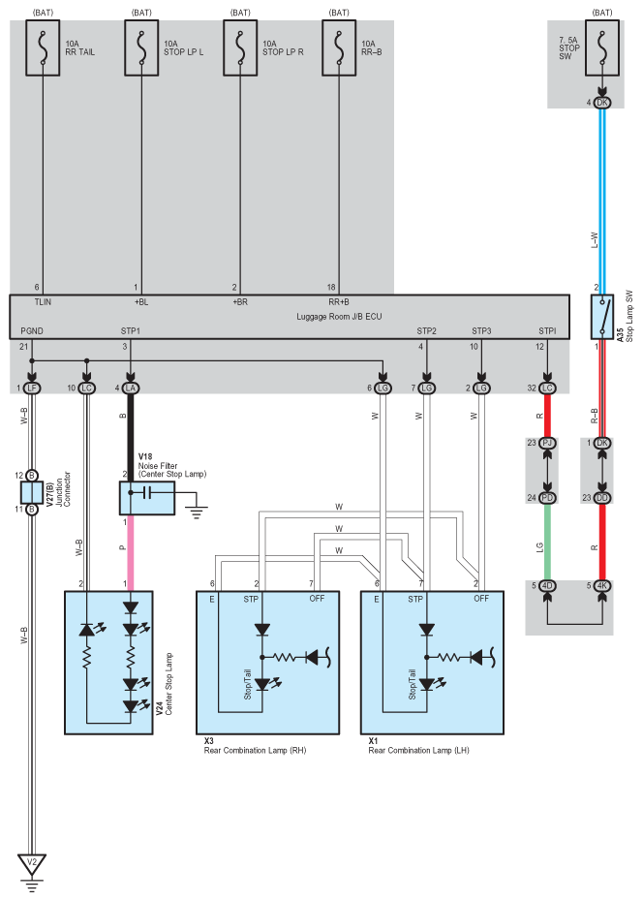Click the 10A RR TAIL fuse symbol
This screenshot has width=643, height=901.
pos(43,48)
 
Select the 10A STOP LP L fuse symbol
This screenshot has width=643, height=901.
pos(141,48)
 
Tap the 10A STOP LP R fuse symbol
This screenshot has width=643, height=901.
pos(240,48)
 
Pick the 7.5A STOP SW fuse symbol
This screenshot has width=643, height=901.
pos(602,48)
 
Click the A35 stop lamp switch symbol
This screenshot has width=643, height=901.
pos(602,317)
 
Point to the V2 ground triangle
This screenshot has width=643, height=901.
pos(32,863)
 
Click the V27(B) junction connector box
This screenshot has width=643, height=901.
pos(32,492)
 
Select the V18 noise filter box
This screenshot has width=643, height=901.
pos(147,498)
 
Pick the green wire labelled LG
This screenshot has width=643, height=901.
pos(547,542)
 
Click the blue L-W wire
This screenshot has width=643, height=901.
pos(602,202)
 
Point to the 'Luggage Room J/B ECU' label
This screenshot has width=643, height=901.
pos(339,317)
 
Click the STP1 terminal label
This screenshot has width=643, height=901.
pos(131,331)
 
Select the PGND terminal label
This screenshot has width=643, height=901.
pos(32,331)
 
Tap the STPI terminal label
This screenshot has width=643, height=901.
pos(547,331)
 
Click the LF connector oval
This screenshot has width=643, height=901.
pos(32,388)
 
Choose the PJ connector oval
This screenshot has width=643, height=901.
pos(547,443)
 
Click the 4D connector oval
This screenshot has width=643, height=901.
pos(547,586)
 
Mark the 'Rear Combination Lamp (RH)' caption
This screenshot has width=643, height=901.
pos(255,751)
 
